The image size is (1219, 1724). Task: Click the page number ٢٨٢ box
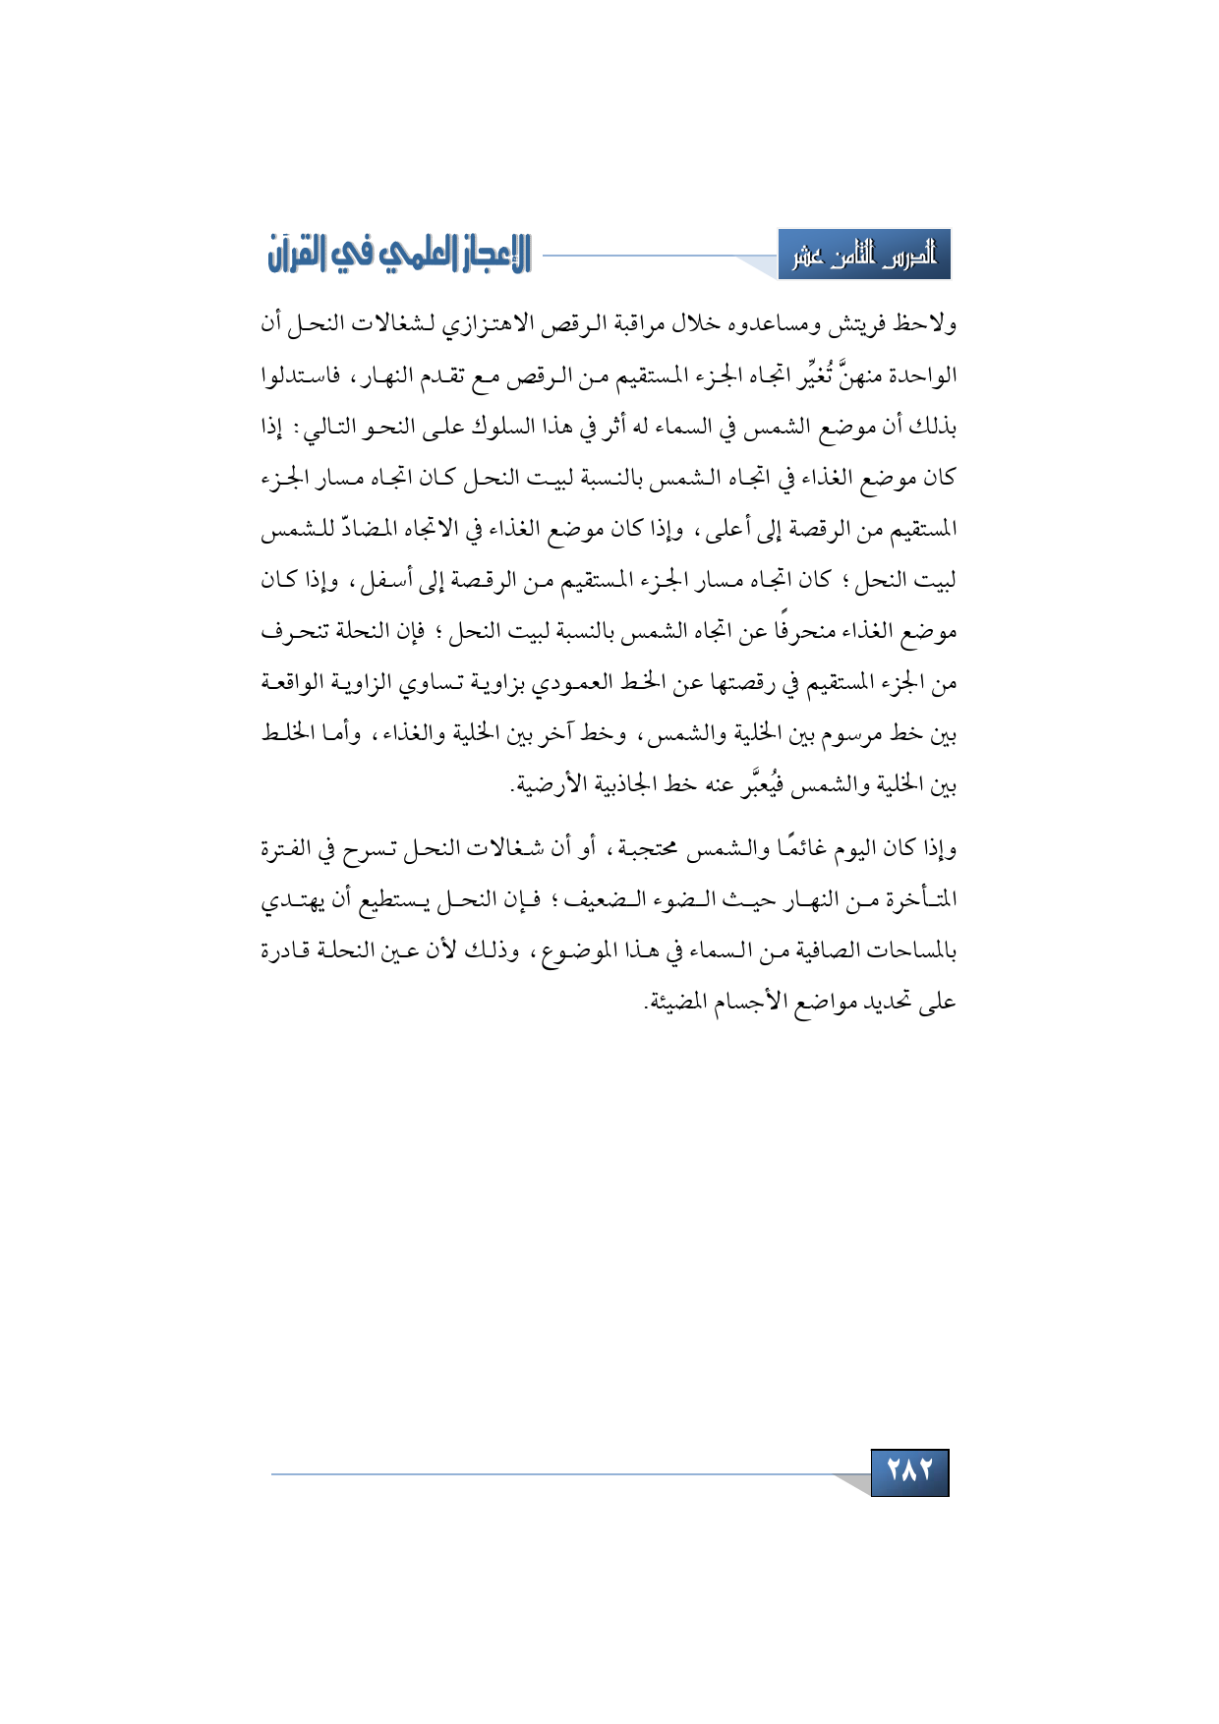[909, 1471]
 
